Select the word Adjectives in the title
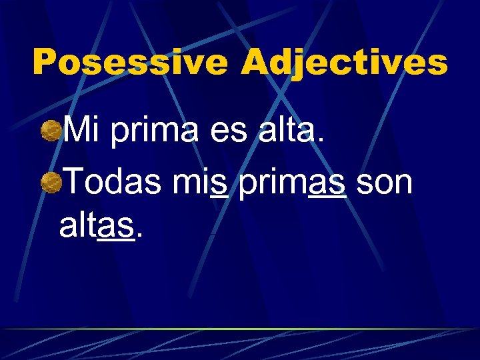(x=344, y=63)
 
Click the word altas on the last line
(x=99, y=227)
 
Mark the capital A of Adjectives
(x=256, y=63)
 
